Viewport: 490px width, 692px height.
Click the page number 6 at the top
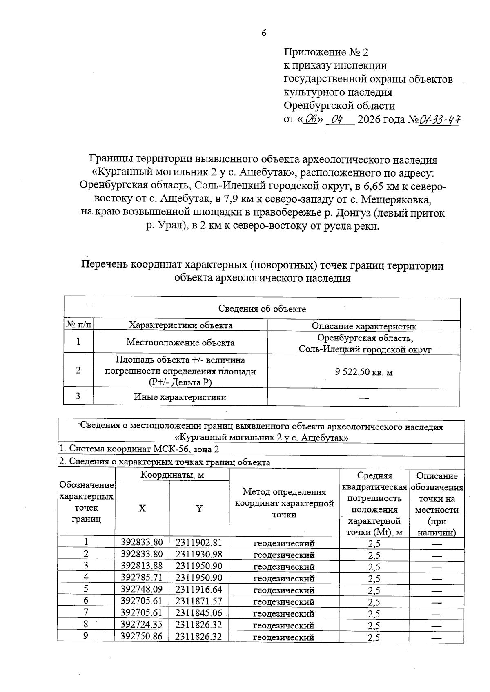(x=264, y=33)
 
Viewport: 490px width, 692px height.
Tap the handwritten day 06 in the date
(x=312, y=120)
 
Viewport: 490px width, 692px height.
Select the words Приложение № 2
(x=326, y=52)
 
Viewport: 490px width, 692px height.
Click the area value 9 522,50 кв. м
(x=364, y=372)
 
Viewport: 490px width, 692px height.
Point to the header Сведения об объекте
(x=262, y=309)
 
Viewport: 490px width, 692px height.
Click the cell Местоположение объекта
(x=180, y=343)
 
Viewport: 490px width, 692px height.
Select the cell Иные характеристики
(x=180, y=397)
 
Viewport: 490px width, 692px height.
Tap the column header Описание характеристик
(x=364, y=326)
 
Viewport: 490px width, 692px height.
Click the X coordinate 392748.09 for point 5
(x=142, y=590)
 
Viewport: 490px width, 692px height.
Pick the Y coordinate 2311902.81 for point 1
(x=199, y=543)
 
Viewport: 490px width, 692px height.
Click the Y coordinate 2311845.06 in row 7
(x=199, y=613)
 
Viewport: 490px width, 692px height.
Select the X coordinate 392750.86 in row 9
(x=142, y=637)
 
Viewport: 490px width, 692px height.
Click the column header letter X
(x=142, y=508)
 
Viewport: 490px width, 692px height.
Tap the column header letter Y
(x=199, y=508)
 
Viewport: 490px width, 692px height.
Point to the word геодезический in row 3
(x=284, y=566)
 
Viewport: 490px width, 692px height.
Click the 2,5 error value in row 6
(x=374, y=602)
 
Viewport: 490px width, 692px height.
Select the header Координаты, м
(x=172, y=475)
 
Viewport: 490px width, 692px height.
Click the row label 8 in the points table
(x=86, y=624)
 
